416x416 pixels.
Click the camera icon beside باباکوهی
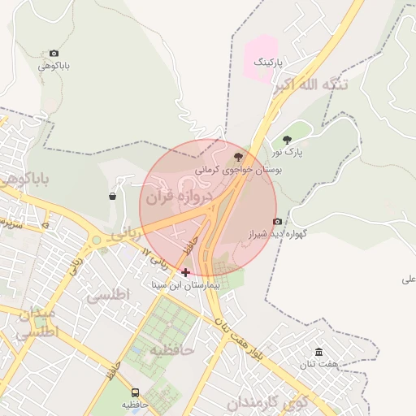click(54, 53)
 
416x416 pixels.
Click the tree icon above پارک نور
click(286, 140)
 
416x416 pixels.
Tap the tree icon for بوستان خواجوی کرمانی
click(238, 157)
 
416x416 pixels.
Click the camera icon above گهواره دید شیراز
click(277, 222)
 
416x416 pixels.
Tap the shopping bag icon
click(112, 196)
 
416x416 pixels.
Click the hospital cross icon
click(186, 272)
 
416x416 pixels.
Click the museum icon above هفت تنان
click(318, 352)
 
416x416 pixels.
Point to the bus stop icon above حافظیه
click(135, 392)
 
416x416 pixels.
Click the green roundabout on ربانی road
click(97, 240)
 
